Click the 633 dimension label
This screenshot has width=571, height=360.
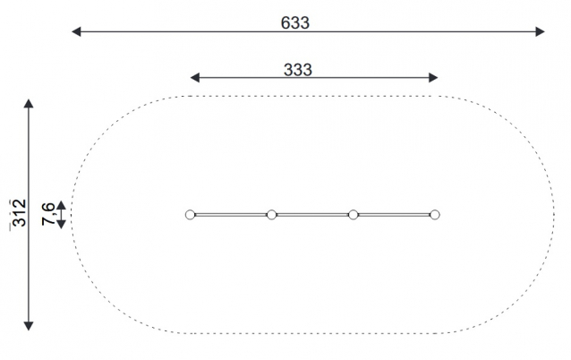(295, 22)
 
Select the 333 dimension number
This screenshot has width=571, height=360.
(297, 70)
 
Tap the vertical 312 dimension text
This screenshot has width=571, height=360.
(20, 213)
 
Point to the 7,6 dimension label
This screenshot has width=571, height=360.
(48, 214)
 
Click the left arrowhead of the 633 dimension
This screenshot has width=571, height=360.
(76, 31)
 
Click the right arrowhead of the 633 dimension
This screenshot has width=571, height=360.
(540, 31)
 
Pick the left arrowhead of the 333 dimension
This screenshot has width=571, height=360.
(195, 77)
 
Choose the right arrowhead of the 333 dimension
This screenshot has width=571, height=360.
(433, 77)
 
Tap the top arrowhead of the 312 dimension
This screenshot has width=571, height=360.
(29, 103)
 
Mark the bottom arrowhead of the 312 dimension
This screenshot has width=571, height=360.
(29, 326)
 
